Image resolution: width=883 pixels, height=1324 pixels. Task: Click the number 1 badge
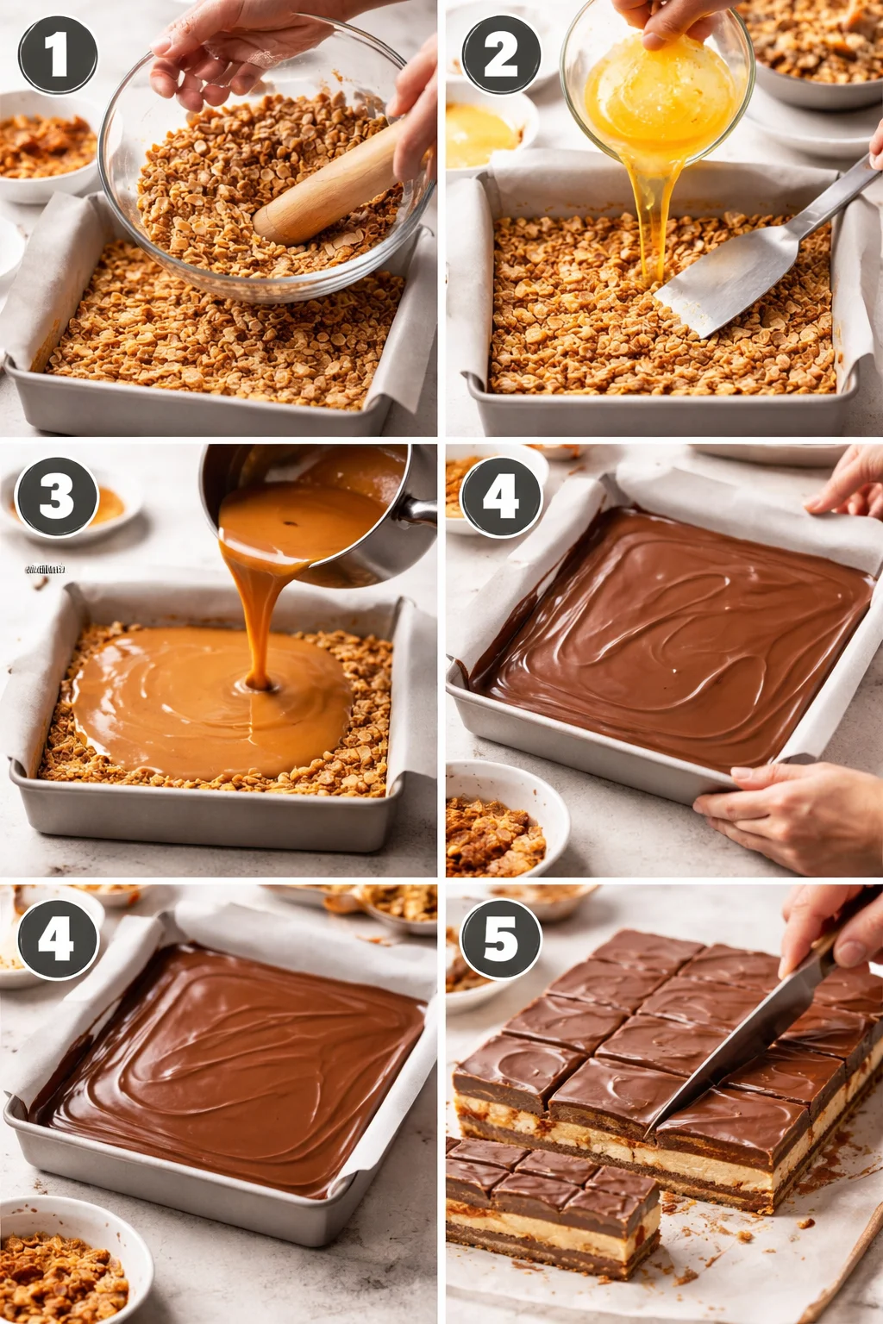tap(58, 55)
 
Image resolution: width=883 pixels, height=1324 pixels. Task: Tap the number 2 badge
tap(501, 55)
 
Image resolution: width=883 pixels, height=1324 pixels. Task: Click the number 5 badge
tap(501, 938)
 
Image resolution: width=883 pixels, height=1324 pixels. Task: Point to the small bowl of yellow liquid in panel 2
tap(483, 134)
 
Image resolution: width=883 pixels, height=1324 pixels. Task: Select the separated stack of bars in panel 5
tap(552, 1207)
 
